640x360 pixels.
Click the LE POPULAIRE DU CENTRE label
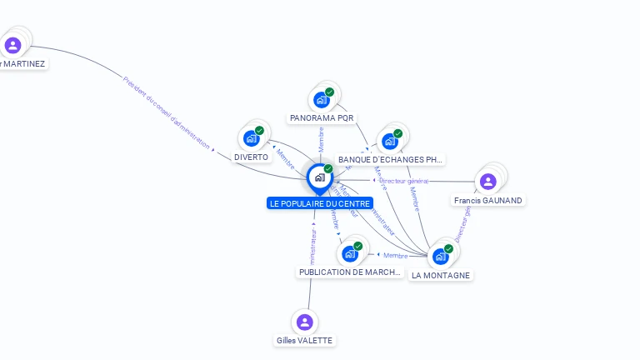[320, 203]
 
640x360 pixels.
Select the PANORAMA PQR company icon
[321, 100]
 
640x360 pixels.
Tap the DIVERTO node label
[251, 157]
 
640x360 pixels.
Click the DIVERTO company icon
[251, 138]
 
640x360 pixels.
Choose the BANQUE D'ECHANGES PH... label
[390, 159]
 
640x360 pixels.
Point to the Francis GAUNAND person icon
[488, 181]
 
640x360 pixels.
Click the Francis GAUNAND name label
[488, 200]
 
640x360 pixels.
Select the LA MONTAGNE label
[441, 275]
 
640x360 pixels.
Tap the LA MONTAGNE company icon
[440, 256]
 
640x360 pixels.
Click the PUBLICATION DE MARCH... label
[350, 272]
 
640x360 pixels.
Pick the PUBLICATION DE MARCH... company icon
[350, 253]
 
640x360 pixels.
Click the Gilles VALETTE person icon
[305, 322]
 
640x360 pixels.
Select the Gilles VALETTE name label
[304, 340]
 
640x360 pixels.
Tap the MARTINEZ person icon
[12, 45]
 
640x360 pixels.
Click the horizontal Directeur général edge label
[403, 180]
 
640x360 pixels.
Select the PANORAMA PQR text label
[322, 118]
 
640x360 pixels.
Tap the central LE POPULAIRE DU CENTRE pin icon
[319, 177]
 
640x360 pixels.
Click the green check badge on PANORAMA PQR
[330, 92]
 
